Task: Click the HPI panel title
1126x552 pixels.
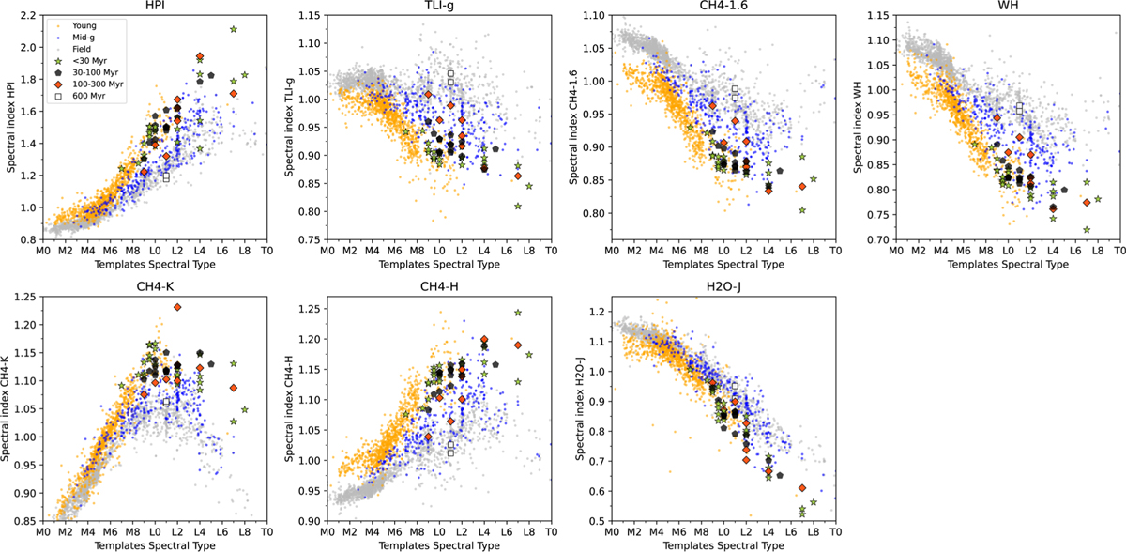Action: (x=155, y=7)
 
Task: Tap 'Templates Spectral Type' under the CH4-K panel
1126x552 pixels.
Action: (x=155, y=545)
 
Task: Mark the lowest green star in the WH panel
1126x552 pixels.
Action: (x=1087, y=230)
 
